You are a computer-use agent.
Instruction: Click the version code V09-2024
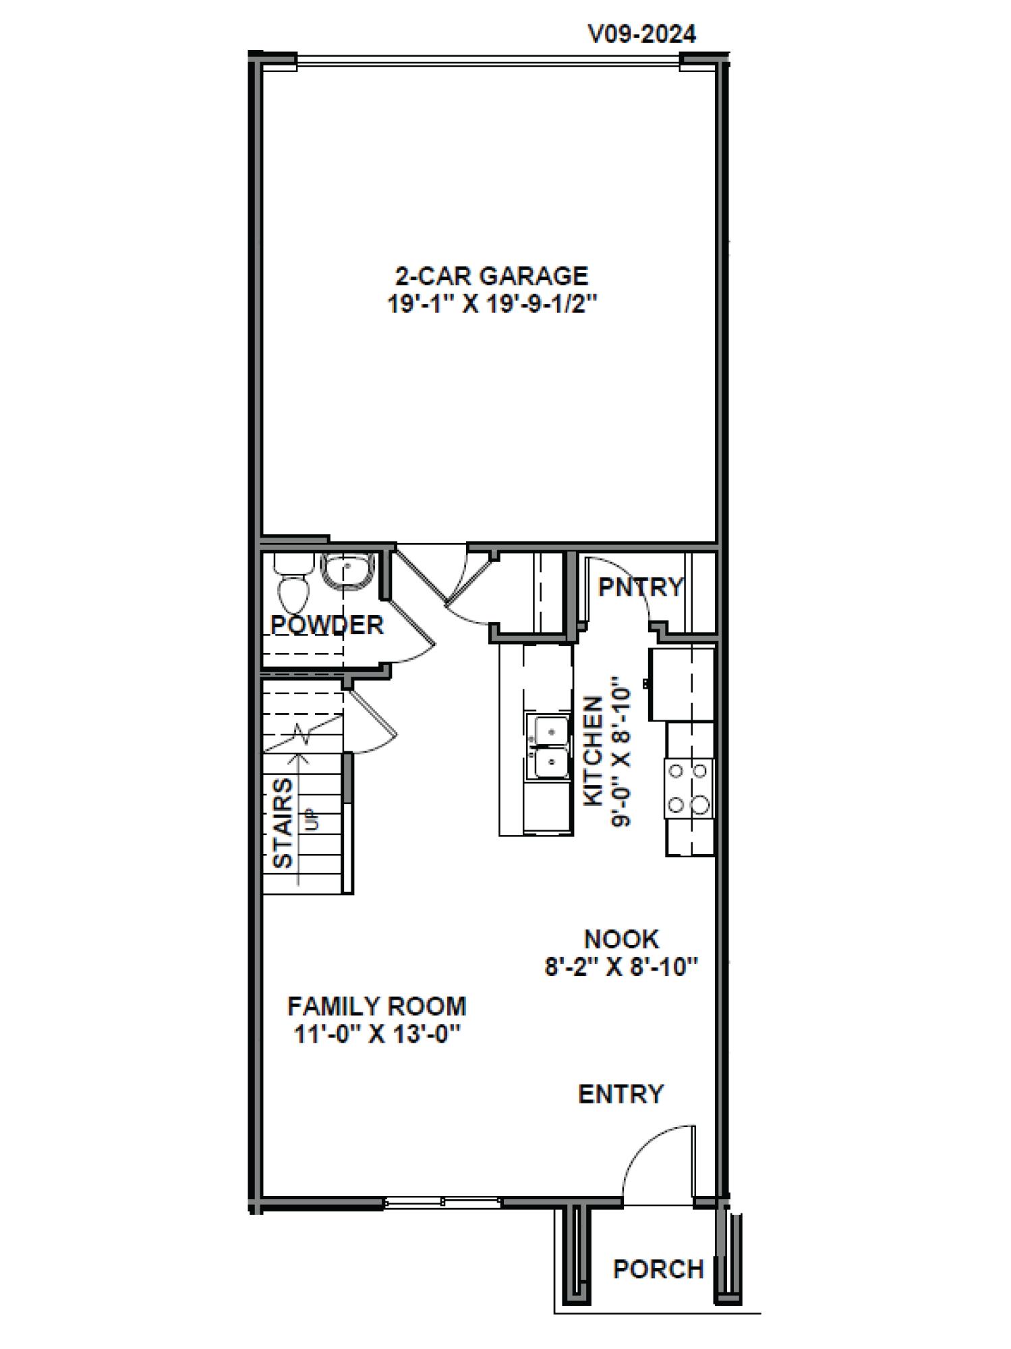click(642, 33)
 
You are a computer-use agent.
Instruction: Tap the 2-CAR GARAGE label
click(492, 276)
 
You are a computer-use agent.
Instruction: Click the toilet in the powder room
click(293, 584)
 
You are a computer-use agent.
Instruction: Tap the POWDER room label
click(327, 625)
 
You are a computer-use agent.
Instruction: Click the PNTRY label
click(641, 587)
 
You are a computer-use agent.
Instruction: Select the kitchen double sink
click(548, 746)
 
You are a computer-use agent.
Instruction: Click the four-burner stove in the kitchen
click(689, 788)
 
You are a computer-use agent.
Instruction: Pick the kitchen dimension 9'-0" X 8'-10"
click(620, 755)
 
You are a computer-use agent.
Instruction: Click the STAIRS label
click(283, 823)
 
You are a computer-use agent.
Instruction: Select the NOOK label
click(621, 939)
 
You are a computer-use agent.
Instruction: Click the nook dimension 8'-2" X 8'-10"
click(620, 967)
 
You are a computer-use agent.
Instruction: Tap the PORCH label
click(658, 1269)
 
